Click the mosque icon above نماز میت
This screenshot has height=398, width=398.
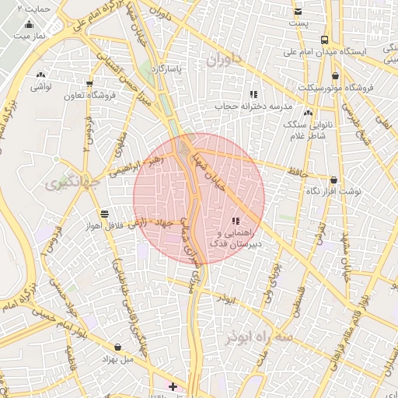pos(30,24)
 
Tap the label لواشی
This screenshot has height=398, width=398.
pos(40,87)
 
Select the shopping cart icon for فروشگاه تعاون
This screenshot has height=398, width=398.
pos(90,83)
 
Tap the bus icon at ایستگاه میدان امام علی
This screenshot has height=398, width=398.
pos(325,40)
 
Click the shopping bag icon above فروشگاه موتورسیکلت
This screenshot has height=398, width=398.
pos(335,75)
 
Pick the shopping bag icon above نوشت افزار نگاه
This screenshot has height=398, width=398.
pos(333,180)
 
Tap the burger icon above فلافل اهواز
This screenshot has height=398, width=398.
pos(104,213)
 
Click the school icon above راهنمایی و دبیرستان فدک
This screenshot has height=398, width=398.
pos(236,222)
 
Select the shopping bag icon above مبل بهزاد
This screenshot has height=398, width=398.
pos(117,347)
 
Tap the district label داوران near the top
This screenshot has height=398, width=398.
pos(225,59)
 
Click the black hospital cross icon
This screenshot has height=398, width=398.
pos(173,386)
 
